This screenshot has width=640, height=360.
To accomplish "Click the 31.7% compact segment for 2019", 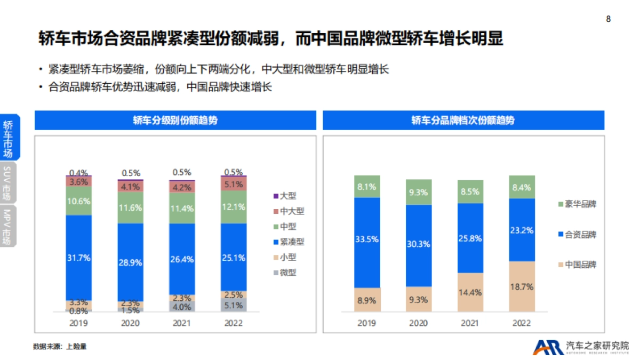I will tap(79, 258).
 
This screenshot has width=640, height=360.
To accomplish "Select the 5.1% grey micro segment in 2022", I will tap(234, 306).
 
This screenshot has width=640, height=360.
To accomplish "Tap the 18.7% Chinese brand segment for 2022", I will tap(522, 286).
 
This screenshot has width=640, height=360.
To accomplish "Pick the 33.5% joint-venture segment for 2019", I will tap(367, 239).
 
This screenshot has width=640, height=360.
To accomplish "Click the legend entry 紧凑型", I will tap(291, 242).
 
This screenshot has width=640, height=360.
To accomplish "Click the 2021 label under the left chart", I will tap(182, 323).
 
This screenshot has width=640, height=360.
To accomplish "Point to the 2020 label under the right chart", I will tap(419, 323).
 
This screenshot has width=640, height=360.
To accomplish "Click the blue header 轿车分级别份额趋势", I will tap(175, 121).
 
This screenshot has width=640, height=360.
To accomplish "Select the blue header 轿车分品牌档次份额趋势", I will tap(463, 121).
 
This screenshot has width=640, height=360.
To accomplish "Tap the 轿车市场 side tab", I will tap(8, 138).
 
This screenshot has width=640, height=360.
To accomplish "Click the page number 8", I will tap(609, 19).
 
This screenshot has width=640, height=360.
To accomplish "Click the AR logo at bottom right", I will tap(548, 347).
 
